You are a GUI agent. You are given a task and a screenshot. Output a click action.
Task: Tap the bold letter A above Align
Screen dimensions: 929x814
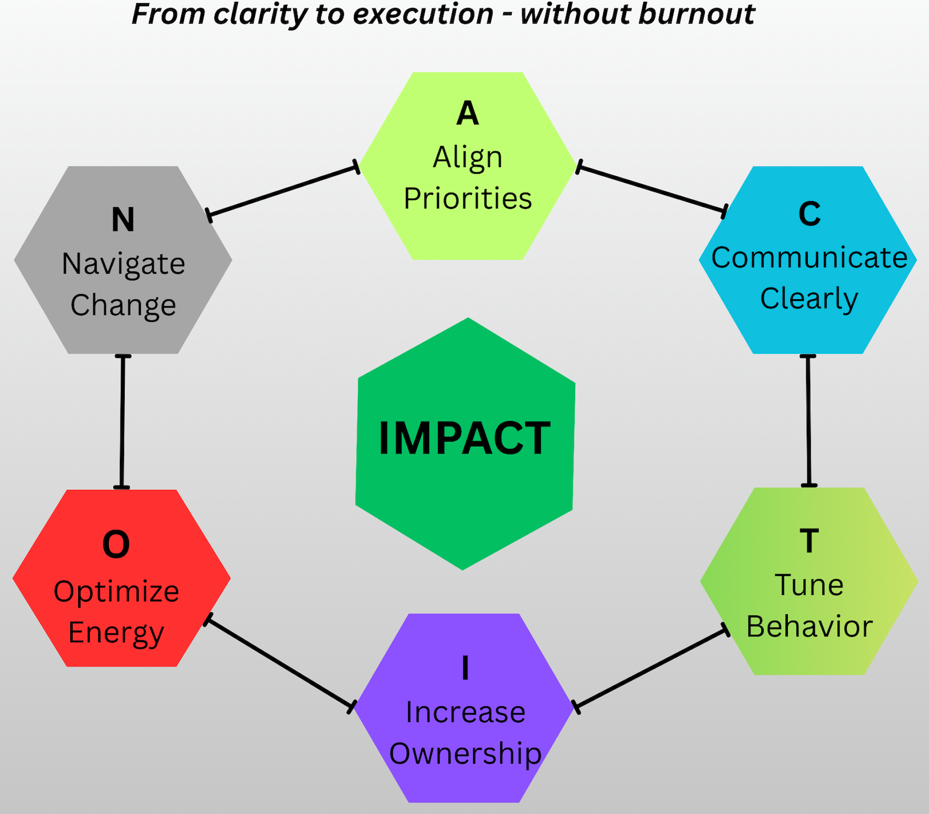tap(468, 113)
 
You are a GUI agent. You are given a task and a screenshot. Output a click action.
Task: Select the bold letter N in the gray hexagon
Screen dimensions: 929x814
tap(123, 219)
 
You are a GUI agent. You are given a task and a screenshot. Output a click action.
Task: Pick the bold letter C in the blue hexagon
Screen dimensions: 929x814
tap(809, 214)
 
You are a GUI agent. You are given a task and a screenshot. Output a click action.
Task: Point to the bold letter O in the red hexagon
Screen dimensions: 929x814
tap(116, 544)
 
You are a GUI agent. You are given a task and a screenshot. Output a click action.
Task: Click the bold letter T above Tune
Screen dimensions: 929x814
tap(809, 541)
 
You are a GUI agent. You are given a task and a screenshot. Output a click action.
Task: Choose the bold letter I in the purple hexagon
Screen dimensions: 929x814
tap(466, 667)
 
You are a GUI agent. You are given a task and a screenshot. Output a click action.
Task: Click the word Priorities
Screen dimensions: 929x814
tap(468, 199)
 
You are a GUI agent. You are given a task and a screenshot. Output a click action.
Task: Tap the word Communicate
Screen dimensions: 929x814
tap(809, 257)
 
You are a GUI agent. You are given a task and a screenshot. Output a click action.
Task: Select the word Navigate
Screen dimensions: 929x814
tap(124, 265)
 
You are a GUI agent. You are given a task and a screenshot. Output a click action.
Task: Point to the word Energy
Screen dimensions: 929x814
tap(116, 634)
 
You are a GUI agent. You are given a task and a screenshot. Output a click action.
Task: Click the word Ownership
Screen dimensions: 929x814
tap(466, 754)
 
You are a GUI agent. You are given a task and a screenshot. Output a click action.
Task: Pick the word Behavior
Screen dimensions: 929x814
tap(809, 626)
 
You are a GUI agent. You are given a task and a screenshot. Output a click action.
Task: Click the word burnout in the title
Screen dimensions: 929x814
tap(696, 14)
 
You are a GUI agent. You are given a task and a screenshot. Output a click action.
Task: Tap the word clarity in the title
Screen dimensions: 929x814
tap(260, 15)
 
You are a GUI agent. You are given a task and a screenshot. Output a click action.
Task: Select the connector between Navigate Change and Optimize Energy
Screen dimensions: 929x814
tap(122, 422)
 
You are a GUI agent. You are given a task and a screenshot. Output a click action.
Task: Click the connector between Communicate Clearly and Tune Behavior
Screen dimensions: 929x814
tap(808, 420)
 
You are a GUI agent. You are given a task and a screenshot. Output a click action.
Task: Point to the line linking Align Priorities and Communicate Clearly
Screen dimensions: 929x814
tap(652, 190)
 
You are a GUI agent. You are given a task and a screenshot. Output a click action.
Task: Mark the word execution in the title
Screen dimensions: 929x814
tap(423, 14)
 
